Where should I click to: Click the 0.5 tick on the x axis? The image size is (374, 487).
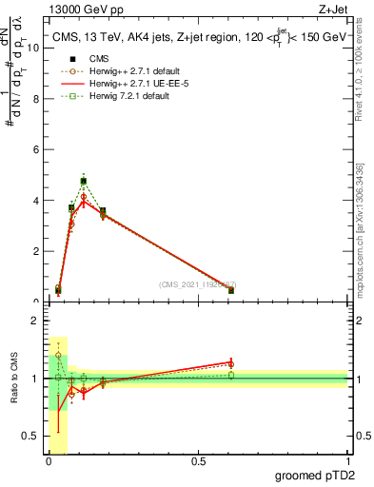198,461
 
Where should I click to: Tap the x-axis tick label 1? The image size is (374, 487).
347,461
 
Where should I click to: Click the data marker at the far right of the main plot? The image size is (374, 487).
231,290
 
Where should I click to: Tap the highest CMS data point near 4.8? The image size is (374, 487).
84,181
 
